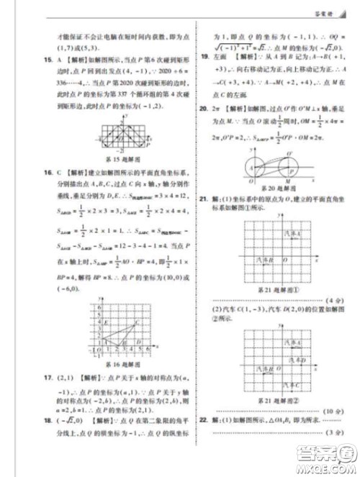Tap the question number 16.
pos(46,173)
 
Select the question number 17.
pos(46,376)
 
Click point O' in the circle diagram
pos(289,153)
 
